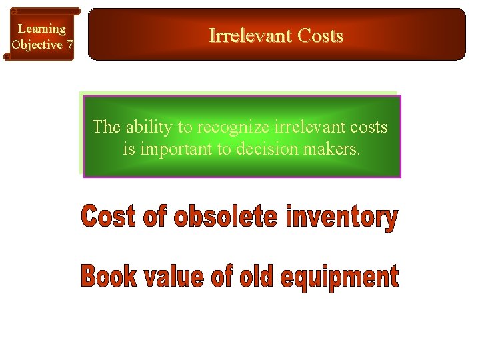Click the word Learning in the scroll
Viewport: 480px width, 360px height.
41,29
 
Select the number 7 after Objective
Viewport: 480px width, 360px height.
69,45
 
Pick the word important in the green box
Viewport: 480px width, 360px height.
176,149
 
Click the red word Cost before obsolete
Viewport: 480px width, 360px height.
107,218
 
